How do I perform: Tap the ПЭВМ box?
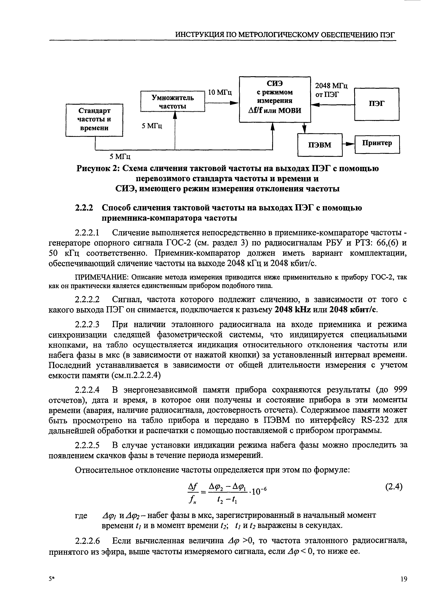pyautogui.click(x=320, y=145)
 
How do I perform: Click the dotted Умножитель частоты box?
pyautogui.click(x=173, y=102)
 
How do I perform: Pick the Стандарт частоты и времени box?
pyautogui.click(x=94, y=120)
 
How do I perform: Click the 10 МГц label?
pyautogui.click(x=220, y=92)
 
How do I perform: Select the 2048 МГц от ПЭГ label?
pyautogui.click(x=332, y=90)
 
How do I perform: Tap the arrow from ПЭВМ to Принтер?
pyautogui.click(x=348, y=144)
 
